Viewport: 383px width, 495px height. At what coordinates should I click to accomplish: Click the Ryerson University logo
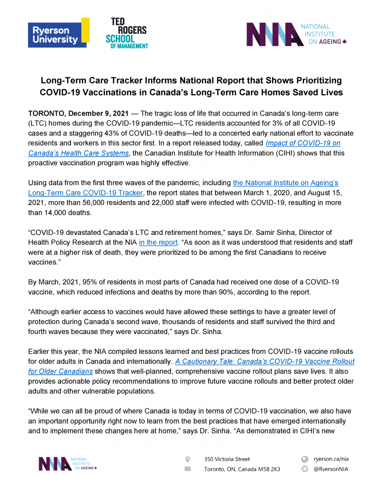[x=59, y=32]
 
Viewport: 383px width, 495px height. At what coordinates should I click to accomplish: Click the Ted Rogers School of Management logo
[x=127, y=32]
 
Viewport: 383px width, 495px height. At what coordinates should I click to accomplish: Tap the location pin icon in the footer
[x=188, y=459]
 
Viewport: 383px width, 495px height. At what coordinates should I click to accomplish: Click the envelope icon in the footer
[x=188, y=469]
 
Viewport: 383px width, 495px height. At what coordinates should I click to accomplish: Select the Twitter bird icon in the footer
[x=305, y=469]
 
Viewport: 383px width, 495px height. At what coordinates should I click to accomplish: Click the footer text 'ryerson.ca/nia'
[x=331, y=459]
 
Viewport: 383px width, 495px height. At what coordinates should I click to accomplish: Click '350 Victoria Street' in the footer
[x=227, y=459]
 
